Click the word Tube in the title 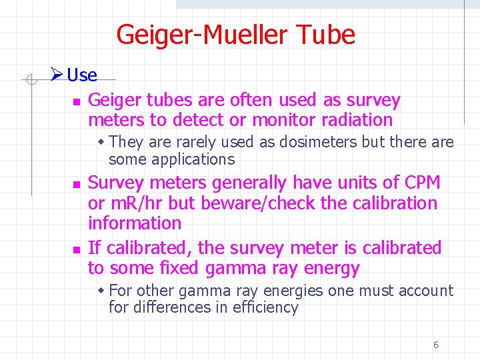click(323, 35)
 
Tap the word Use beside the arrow click(82, 75)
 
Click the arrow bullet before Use click(58, 75)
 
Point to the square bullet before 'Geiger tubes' click(76, 102)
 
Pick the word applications click(193, 159)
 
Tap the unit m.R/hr click(134, 203)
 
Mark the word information click(135, 223)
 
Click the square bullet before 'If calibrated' click(76, 249)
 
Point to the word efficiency click(265, 307)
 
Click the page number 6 click(436, 345)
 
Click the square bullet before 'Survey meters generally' click(76, 184)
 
